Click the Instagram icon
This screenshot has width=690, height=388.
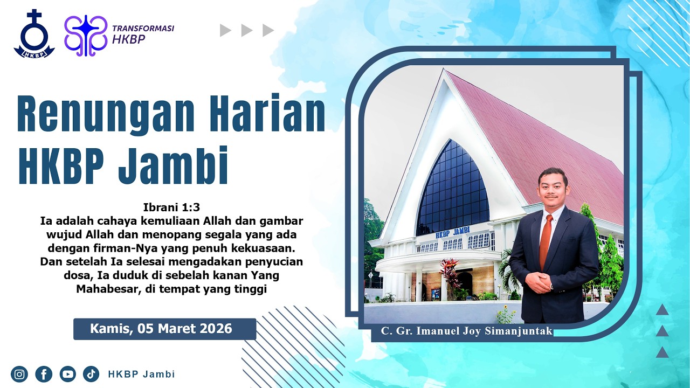coord(19,374)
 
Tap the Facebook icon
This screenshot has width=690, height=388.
coord(44,374)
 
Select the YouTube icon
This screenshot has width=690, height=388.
coord(67,374)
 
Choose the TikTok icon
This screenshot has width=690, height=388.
coord(91,374)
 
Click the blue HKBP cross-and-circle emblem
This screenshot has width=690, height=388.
coord(34,33)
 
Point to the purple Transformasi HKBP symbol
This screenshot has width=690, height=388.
coord(86,36)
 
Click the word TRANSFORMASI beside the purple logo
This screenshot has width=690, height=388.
coord(143,28)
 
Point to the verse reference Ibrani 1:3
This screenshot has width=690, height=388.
coord(171,207)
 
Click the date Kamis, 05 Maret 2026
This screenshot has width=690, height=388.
coord(161,329)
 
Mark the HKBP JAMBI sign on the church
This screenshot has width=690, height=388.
coord(452,232)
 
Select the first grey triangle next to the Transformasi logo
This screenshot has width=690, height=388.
coord(225,31)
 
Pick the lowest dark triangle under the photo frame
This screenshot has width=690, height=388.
coord(662,352)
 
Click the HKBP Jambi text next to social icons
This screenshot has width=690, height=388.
coord(141,374)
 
